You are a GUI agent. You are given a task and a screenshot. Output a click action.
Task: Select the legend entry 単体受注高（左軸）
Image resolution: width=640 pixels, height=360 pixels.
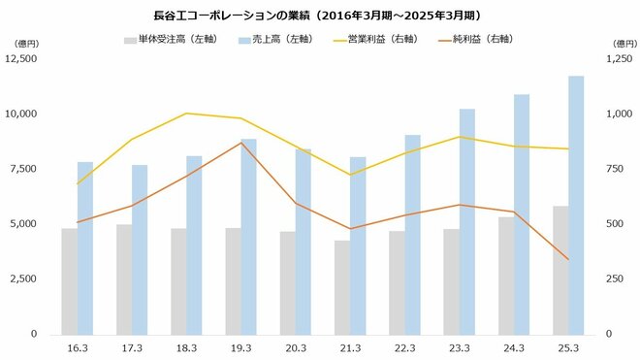point(166,41)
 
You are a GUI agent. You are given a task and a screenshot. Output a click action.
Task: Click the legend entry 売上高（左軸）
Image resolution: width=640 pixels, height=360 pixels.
point(256,41)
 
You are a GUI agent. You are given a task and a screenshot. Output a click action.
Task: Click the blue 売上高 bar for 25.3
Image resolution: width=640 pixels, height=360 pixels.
point(576,204)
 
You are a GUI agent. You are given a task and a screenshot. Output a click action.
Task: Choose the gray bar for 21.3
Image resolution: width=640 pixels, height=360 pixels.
point(342,287)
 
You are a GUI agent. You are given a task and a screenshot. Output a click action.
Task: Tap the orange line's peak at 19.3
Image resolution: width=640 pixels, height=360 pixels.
point(240,143)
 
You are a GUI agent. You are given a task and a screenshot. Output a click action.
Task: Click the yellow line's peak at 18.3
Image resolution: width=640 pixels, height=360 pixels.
point(186,114)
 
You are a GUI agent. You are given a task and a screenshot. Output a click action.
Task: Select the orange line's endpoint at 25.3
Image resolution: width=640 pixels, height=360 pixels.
point(568,259)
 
